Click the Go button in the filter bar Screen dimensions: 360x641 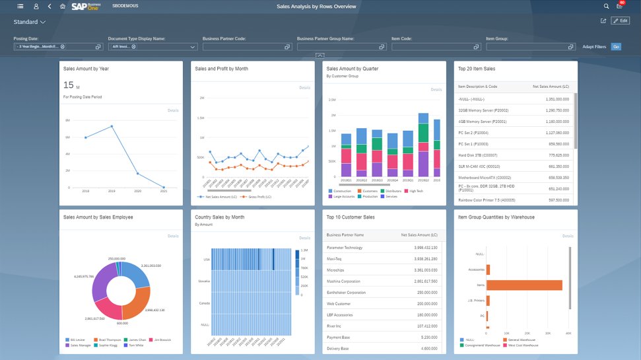pos(615,47)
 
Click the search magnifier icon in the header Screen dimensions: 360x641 pos(606,6)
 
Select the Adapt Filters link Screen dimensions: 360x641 pos(593,47)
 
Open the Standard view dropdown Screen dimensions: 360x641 pos(30,22)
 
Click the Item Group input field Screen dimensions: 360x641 pos(529,47)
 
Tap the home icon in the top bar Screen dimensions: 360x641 pos(63,6)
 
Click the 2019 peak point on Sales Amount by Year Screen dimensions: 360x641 pos(112,126)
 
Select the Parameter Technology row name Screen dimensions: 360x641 pos(344,248)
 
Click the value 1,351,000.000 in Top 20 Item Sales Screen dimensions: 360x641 pos(557,98)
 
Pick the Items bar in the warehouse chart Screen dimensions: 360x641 pos(525,285)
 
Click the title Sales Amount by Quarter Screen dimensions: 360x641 pos(352,69)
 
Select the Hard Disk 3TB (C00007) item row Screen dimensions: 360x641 pos(479,155)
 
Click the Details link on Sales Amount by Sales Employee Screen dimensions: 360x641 pos(173,236)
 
